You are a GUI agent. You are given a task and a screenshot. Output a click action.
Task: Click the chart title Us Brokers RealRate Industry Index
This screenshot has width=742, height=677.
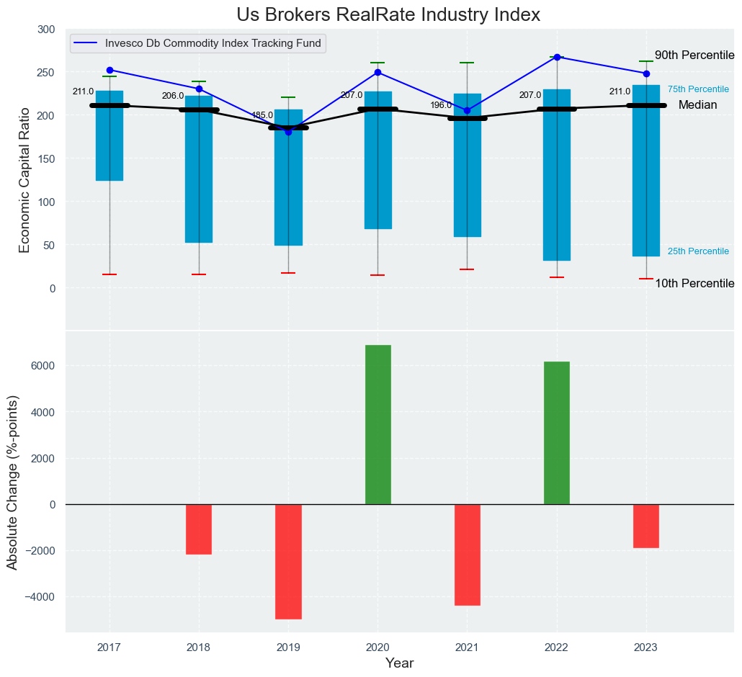tap(388, 15)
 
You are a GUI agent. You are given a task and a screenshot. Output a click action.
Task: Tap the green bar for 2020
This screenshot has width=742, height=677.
tap(378, 424)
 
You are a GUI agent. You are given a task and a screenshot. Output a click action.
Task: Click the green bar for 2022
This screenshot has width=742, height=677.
tap(557, 433)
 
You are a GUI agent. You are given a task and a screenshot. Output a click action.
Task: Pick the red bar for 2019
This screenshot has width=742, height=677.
tap(288, 562)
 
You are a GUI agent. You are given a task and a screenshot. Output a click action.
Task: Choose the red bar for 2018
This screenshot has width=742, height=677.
tap(199, 529)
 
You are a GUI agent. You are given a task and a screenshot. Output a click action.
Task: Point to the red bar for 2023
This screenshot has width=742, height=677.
tap(646, 526)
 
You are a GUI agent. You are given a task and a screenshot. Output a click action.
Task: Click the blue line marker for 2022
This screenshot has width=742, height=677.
tap(557, 57)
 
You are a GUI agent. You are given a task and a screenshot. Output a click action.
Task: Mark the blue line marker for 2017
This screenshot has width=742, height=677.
tap(109, 71)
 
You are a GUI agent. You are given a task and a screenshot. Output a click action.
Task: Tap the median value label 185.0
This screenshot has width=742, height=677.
tap(262, 115)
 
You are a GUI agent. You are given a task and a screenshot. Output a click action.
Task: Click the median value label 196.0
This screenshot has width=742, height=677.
tap(441, 105)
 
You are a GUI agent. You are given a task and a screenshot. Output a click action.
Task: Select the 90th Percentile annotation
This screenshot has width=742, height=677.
tap(694, 55)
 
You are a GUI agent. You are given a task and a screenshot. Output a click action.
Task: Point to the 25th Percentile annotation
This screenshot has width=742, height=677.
tap(698, 251)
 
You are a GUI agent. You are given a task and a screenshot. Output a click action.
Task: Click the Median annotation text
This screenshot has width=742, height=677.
tap(697, 105)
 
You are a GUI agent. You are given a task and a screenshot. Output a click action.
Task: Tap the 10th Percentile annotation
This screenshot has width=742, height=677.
tap(694, 284)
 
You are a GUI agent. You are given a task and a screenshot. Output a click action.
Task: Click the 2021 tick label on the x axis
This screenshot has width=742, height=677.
tap(467, 647)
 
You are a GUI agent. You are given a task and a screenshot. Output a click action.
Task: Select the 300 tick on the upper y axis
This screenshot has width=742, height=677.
tap(46, 30)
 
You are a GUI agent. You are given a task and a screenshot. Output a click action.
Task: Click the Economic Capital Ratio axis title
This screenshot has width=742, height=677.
tap(25, 180)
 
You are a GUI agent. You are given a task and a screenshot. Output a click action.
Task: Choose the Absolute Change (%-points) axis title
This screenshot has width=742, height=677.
tap(13, 483)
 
